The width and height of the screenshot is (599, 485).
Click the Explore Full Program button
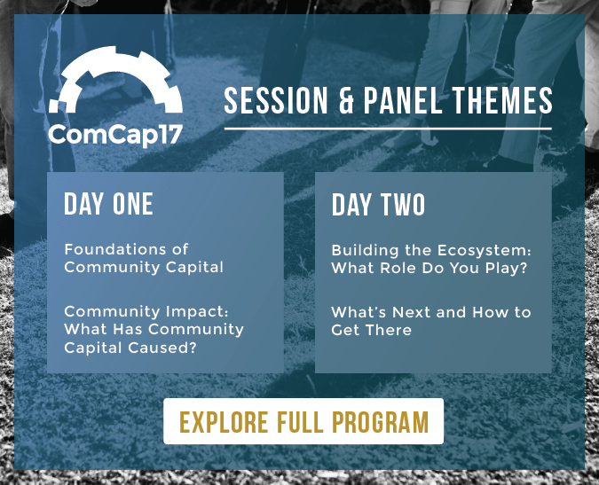pyautogui.click(x=303, y=421)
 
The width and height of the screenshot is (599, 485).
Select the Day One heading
pyautogui.click(x=108, y=204)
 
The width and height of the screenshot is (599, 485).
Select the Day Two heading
pyautogui.click(x=378, y=205)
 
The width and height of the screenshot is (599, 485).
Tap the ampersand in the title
pyautogui.click(x=348, y=101)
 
